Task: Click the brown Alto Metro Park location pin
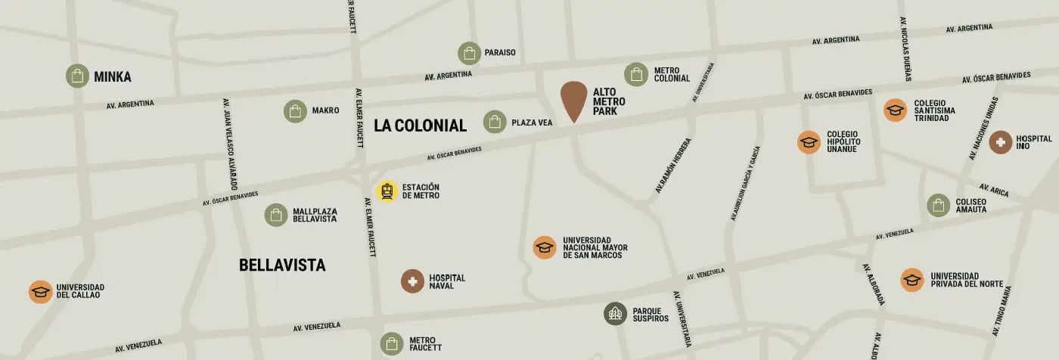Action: pyautogui.click(x=573, y=98)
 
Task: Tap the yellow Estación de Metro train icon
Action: pyautogui.click(x=387, y=192)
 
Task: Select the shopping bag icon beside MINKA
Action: pyautogui.click(x=77, y=76)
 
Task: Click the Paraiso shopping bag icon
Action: pyautogui.click(x=469, y=53)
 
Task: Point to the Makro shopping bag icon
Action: pyautogui.click(x=295, y=111)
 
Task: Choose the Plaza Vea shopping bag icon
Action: pyautogui.click(x=495, y=122)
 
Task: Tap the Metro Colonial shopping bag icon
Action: pyautogui.click(x=636, y=74)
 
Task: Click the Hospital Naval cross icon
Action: pyautogui.click(x=412, y=281)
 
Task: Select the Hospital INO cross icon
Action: pyautogui.click(x=1000, y=141)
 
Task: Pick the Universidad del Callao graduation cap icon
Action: pyautogui.click(x=40, y=292)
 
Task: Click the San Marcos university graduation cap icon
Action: pyautogui.click(x=545, y=247)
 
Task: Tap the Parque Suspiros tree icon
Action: pyautogui.click(x=615, y=314)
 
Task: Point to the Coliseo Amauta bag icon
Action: pyautogui.click(x=939, y=205)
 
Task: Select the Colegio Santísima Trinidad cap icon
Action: pyautogui.click(x=896, y=110)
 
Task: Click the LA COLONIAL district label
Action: pyautogui.click(x=420, y=126)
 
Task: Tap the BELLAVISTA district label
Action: pyautogui.click(x=282, y=265)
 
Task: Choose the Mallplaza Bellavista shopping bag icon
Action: pyautogui.click(x=275, y=215)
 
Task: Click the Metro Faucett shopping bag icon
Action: pyautogui.click(x=392, y=344)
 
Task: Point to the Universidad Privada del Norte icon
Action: pyautogui.click(x=912, y=280)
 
